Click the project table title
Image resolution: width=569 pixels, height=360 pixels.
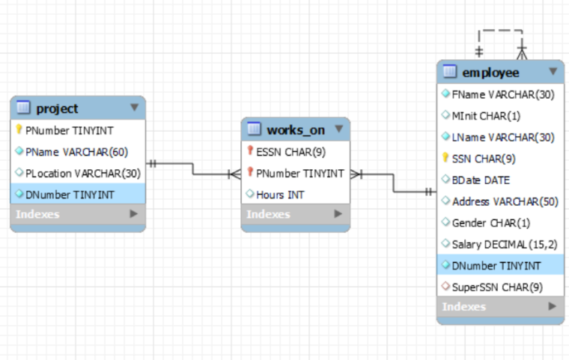coord(57,109)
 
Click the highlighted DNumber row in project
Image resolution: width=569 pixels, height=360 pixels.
coord(70,195)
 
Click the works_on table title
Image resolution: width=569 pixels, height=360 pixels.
coord(296,129)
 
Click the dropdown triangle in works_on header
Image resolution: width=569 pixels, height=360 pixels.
coord(338,129)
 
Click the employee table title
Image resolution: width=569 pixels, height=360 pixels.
coord(490,73)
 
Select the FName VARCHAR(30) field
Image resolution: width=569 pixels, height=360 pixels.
coord(502,94)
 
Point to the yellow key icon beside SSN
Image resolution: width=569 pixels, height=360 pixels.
coord(445,158)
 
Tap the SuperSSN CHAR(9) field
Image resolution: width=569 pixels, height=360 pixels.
coord(497,287)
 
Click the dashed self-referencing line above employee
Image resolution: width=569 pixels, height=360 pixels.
coord(500,31)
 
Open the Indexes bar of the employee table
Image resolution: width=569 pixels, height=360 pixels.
coord(500,307)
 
